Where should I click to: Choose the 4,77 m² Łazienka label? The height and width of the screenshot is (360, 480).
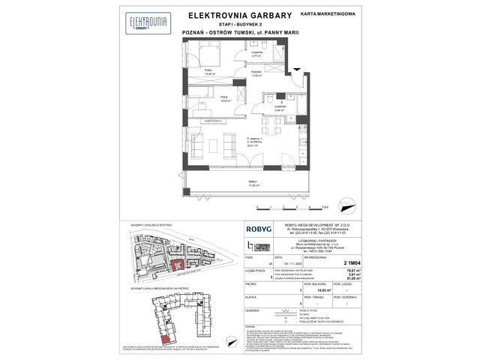256,53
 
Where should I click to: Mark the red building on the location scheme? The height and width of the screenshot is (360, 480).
177,264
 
